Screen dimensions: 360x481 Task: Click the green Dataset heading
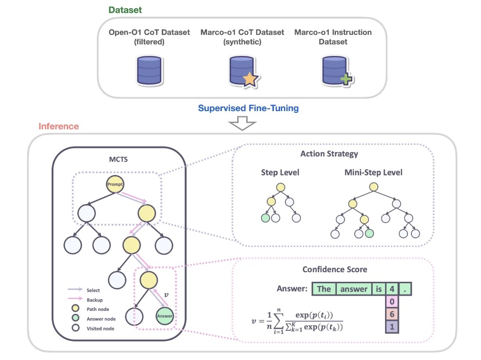[125, 10]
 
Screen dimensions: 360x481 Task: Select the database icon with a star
[242, 71]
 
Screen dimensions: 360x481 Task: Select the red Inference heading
[59, 126]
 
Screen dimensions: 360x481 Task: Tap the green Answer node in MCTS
[164, 315]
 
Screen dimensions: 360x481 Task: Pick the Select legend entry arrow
[76, 290]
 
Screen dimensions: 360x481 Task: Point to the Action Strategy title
[329, 154]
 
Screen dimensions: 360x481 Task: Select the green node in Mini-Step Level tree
[369, 234]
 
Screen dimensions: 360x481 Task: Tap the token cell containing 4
[391, 288]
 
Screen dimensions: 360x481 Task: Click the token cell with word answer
[353, 288]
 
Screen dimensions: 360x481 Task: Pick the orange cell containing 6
[391, 314]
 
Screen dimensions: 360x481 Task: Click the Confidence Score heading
[335, 269]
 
